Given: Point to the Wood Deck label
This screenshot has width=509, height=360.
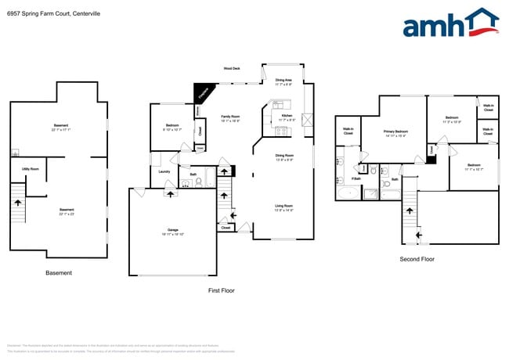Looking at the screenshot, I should [232, 69].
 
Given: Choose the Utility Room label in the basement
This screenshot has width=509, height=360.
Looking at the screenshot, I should [31, 168].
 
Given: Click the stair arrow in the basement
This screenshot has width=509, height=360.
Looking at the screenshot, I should [18, 203].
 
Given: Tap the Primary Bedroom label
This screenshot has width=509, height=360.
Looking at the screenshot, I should [395, 132].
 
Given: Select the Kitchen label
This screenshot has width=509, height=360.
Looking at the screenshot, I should [287, 117].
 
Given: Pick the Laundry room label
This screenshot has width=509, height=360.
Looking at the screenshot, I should [164, 171].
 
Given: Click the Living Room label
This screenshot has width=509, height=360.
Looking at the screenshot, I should [283, 207].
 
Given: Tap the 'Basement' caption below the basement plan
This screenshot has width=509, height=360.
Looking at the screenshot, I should [59, 273].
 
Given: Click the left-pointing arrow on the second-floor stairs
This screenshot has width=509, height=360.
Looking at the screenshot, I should [418, 232].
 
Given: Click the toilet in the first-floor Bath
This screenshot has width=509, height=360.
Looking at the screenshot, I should [200, 182].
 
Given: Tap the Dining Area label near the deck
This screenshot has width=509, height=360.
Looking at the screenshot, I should [283, 81].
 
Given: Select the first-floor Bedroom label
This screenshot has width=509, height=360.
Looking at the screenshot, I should [173, 128].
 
